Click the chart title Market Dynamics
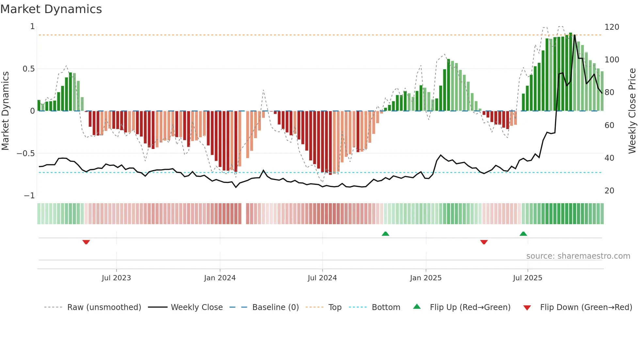(51, 9)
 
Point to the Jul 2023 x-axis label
(116, 278)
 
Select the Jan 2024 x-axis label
(220, 278)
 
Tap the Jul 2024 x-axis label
(322, 278)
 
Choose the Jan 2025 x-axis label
(425, 278)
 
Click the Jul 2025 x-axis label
(527, 278)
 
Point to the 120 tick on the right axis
(612, 27)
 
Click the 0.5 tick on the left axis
(28, 69)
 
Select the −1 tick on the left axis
(29, 195)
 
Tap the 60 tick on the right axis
(609, 125)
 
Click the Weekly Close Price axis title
(632, 111)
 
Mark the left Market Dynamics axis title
(5, 111)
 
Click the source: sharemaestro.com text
(578, 256)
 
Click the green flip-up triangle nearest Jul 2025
(523, 234)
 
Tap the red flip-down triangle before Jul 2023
(86, 242)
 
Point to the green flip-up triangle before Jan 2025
(385, 234)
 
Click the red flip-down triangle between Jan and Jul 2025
(484, 242)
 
